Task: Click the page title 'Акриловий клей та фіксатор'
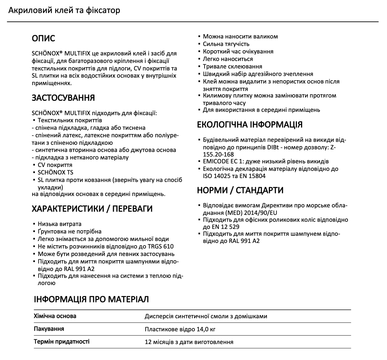[64, 10]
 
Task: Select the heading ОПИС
[43, 38]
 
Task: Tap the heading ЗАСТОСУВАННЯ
[63, 98]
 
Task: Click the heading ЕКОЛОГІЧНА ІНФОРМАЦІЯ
[250, 125]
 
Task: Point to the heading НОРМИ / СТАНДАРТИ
[240, 190]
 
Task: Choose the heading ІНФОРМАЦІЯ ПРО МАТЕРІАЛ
[91, 299]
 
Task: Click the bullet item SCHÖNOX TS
[55, 172]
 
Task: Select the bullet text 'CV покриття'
[55, 165]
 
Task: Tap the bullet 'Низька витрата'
[60, 224]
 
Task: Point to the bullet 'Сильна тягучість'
[226, 44]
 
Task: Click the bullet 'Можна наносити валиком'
[240, 37]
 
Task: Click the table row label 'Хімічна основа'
[55, 316]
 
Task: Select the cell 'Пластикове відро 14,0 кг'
[180, 329]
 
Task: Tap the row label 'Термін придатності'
[62, 342]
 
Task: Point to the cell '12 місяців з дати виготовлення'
[189, 342]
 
